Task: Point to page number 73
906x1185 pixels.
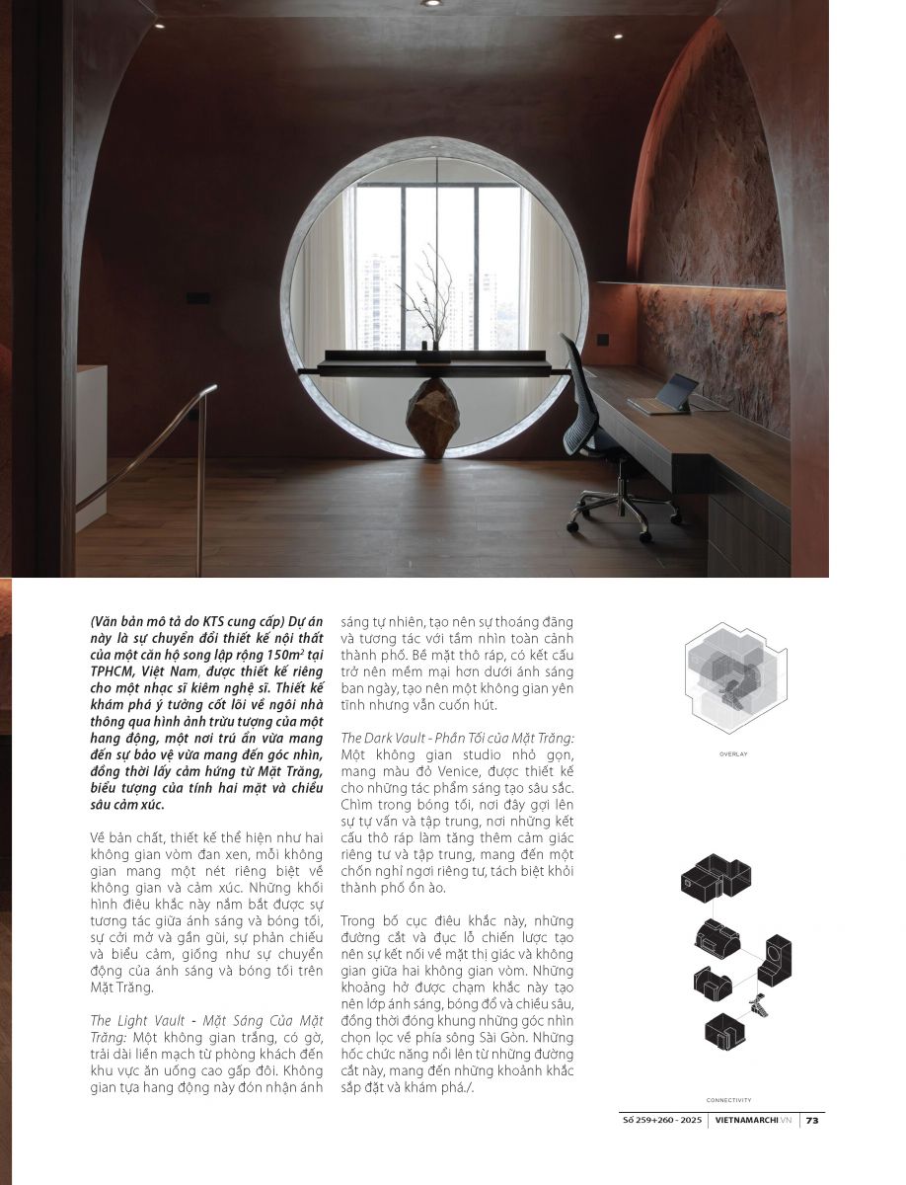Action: click(x=811, y=1120)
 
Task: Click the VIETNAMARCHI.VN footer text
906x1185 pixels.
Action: click(x=755, y=1120)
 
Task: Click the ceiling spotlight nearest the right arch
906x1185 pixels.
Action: click(x=616, y=36)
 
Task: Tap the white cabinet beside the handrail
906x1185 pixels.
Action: click(x=91, y=444)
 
